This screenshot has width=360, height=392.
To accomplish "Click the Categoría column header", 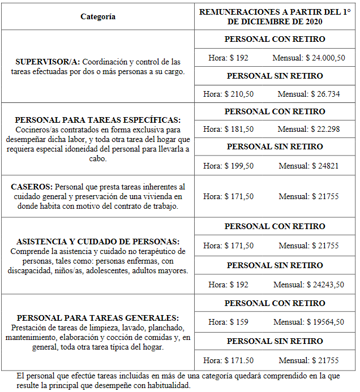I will (97, 16).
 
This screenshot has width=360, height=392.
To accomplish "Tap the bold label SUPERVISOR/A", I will (48, 62).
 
